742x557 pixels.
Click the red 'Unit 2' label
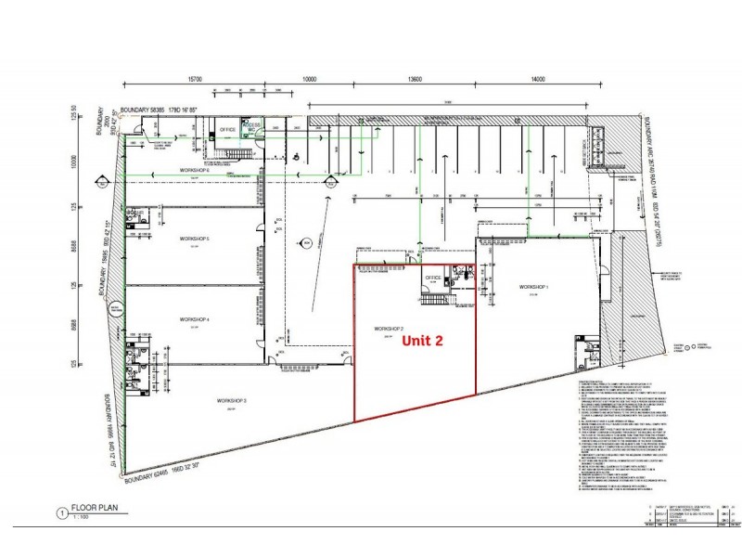pos(421,341)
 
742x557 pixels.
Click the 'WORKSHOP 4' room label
pos(195,320)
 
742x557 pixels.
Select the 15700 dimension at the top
pos(195,79)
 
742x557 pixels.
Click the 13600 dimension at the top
pos(414,79)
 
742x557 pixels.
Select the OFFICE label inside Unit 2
pos(432,278)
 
